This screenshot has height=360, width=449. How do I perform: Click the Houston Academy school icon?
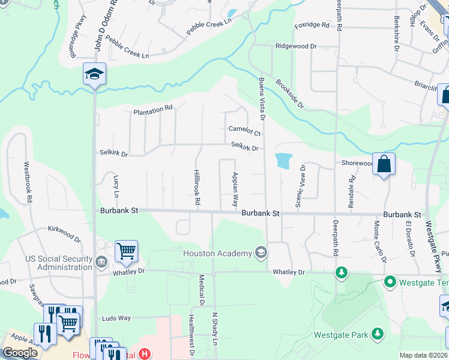[261, 253]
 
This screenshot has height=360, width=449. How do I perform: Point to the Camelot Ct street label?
[245, 130]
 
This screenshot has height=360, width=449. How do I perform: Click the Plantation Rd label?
[153, 110]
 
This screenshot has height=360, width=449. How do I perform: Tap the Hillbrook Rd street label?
[196, 187]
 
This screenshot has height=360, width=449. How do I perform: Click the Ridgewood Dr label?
[296, 46]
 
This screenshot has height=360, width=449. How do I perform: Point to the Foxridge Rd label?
[312, 26]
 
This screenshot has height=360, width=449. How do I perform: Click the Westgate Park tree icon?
[378, 333]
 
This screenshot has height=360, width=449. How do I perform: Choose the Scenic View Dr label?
[300, 186]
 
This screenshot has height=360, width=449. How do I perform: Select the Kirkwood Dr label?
[65, 235]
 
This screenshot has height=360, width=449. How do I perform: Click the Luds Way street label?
[116, 318]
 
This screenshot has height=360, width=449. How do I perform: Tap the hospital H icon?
[144, 354]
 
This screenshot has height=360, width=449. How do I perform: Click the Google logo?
[20, 353]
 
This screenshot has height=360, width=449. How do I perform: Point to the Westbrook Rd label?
[27, 181]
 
